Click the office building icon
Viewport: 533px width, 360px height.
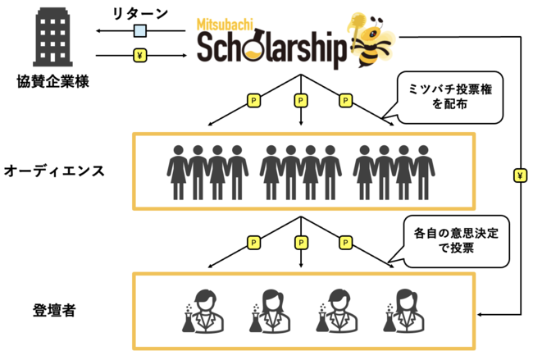pyautogui.click(x=52, y=37)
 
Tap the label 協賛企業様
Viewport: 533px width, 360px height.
pyautogui.click(x=53, y=81)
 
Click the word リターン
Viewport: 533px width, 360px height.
pyautogui.click(x=140, y=14)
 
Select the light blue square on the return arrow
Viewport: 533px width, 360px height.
pyautogui.click(x=140, y=31)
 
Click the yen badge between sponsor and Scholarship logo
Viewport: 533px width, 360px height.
pyautogui.click(x=140, y=55)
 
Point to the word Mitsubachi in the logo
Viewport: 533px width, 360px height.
pyautogui.click(x=225, y=25)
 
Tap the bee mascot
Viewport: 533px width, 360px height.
pyautogui.click(x=371, y=40)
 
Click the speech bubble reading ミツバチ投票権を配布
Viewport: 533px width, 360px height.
pyautogui.click(x=449, y=98)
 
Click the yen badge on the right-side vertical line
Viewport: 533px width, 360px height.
pyautogui.click(x=520, y=175)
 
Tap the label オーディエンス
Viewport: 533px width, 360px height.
pyautogui.click(x=54, y=171)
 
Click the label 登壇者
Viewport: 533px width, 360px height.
pyautogui.click(x=54, y=310)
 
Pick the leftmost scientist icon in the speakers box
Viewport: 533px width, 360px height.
pyautogui.click(x=203, y=311)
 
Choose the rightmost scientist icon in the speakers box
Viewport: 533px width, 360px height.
pyautogui.click(x=403, y=311)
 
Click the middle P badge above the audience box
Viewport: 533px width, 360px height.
pyautogui.click(x=300, y=101)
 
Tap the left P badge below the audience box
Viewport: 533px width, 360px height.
pyautogui.click(x=253, y=243)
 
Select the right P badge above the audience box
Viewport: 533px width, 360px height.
pyautogui.click(x=345, y=101)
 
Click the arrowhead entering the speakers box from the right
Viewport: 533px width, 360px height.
pyautogui.click(x=480, y=314)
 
